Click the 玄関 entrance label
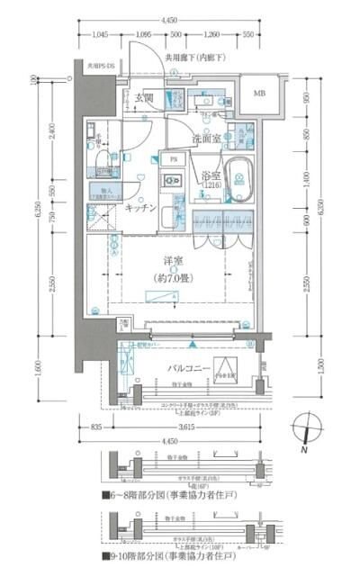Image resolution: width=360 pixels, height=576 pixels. pyautogui.click(x=145, y=98)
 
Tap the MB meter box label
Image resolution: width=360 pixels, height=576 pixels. pyautogui.click(x=259, y=94)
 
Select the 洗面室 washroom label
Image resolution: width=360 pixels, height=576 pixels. pyautogui.click(x=212, y=139)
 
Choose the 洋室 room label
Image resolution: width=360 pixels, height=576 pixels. pyautogui.click(x=174, y=263)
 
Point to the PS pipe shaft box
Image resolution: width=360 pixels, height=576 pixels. pyautogui.click(x=172, y=158)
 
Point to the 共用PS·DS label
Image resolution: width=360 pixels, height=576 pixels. pyautogui.click(x=99, y=67)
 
